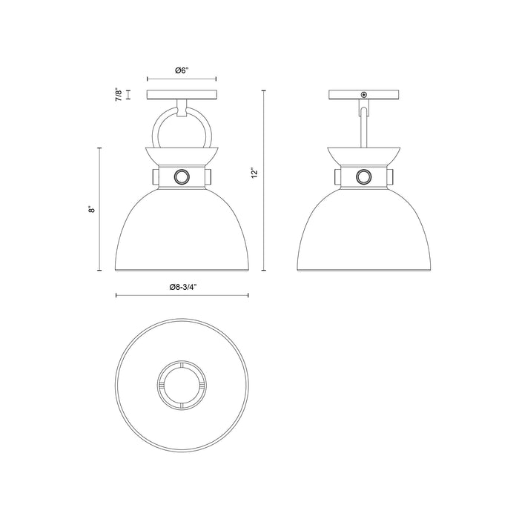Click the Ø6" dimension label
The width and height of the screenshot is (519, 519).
point(182,70)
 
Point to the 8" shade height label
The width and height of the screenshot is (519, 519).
point(90,209)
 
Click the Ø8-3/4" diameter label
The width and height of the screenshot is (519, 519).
point(182,286)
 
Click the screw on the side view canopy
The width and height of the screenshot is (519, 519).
point(363,94)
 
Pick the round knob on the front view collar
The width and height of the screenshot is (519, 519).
point(182,176)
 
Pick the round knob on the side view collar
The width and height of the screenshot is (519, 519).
point(363,176)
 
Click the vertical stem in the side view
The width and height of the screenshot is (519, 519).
point(363,126)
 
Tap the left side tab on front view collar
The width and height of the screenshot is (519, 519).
point(153,177)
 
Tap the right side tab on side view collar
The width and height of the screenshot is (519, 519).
point(391,177)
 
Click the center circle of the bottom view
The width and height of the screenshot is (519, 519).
point(182,384)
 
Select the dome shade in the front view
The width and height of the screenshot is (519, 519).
point(182,230)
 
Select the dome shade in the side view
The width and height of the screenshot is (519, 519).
point(363,230)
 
